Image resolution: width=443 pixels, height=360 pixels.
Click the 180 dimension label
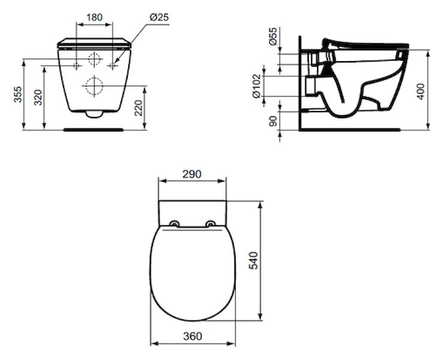[94, 17]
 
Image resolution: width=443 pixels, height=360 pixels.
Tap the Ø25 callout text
[159, 17]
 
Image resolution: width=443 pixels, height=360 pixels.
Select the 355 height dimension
[18, 94]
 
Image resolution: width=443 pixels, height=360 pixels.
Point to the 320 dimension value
[38, 98]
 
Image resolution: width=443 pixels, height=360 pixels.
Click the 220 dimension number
[138, 108]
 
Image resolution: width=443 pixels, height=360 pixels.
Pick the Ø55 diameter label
[273, 36]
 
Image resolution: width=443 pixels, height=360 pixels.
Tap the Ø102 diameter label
[257, 86]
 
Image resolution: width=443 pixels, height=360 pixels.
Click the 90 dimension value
[273, 121]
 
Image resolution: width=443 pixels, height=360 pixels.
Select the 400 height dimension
[421, 91]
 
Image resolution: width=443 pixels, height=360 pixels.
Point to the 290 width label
[192, 174]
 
